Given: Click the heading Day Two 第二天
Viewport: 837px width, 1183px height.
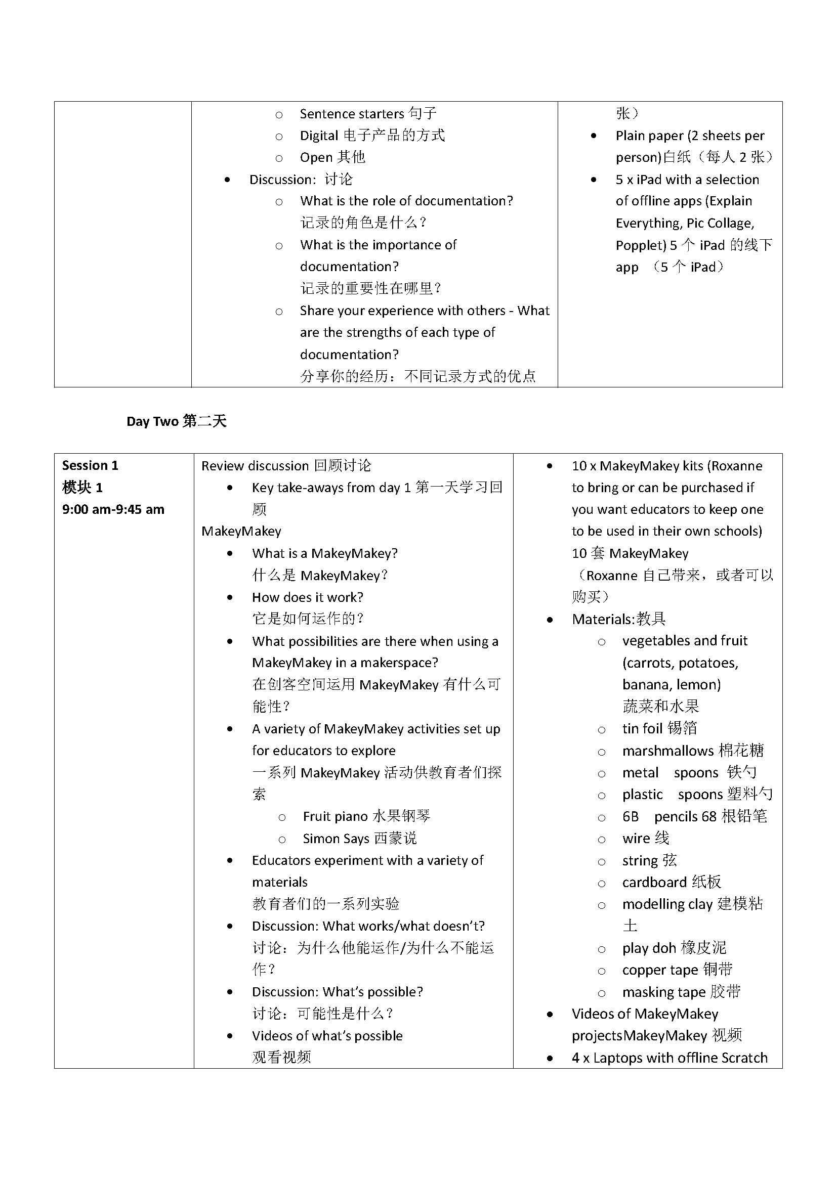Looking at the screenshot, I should point(176,421).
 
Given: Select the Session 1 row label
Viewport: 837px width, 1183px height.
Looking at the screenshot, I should point(90,465).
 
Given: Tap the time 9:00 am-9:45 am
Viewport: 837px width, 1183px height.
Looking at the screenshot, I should point(113,509).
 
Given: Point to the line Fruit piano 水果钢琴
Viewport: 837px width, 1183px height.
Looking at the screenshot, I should point(366,816).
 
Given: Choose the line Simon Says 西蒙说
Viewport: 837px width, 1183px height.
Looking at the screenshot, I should point(360,838).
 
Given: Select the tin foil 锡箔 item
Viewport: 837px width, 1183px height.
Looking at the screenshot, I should point(659,728).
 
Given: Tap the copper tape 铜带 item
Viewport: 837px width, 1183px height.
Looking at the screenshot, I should point(677,970).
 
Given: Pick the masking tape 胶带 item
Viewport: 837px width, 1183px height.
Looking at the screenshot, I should point(681,992).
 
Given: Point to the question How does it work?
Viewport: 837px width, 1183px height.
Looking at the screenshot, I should point(308,597).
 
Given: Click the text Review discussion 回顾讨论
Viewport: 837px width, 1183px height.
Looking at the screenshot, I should point(286,466).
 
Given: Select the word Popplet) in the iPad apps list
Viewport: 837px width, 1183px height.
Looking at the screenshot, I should point(641,245).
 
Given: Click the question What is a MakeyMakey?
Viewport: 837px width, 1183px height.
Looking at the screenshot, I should point(325,553).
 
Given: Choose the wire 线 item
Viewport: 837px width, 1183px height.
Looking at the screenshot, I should point(645,838).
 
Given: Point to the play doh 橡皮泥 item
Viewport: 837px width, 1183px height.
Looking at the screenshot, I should point(674,947).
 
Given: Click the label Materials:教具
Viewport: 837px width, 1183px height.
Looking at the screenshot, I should point(618,619).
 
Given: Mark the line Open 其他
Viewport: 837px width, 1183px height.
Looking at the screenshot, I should point(332,157).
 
